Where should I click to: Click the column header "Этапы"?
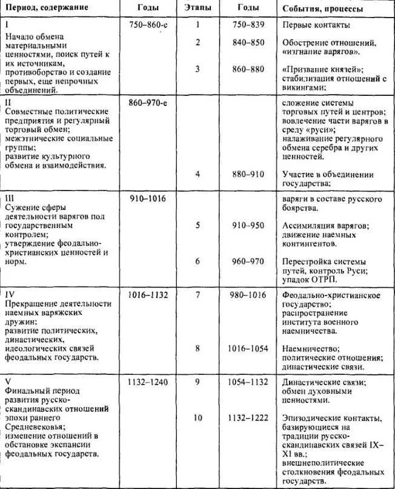198,8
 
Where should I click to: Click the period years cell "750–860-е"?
148,25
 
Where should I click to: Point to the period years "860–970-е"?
148,103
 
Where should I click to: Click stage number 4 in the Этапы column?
198,174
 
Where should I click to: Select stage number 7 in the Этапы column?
198,294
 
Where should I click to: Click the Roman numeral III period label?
8,198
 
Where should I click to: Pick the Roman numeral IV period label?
10,294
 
